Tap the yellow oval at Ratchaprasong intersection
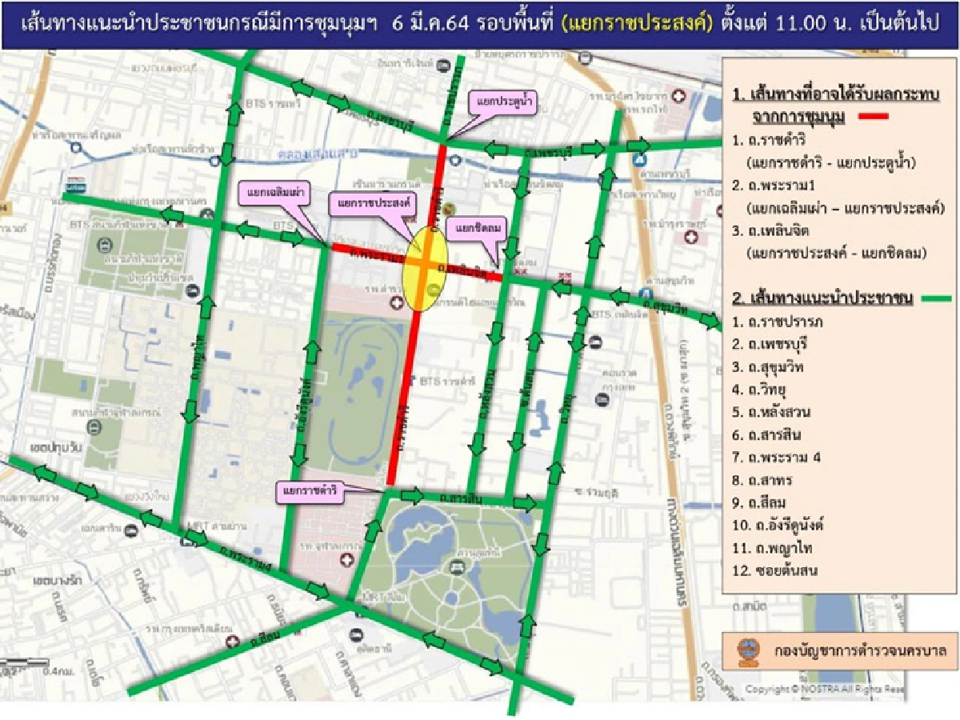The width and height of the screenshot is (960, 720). point(423,266)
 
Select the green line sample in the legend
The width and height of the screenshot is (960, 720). point(934,298)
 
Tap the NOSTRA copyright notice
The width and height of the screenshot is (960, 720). point(825,689)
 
